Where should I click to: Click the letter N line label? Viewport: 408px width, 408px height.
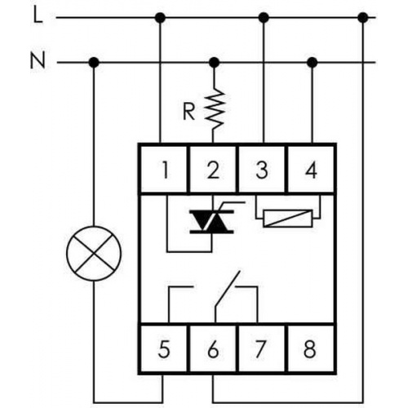(38, 61)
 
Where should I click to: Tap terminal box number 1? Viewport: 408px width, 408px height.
(164, 169)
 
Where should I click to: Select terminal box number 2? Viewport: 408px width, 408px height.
(213, 169)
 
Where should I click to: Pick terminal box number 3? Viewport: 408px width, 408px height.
(262, 169)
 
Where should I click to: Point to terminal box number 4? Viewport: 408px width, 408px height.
(311, 169)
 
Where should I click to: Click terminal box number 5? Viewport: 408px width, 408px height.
(164, 348)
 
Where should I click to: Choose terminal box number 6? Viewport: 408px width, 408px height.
(213, 348)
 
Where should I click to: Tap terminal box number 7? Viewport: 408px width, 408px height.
(262, 348)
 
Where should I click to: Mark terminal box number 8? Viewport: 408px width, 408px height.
(311, 348)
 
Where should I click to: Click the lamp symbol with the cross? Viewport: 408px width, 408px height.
(94, 253)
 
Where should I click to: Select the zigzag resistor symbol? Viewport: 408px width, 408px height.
(215, 109)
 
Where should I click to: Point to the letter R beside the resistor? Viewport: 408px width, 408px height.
(188, 112)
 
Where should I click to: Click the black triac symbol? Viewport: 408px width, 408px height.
(211, 221)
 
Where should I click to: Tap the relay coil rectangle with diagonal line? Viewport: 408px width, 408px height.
(288, 218)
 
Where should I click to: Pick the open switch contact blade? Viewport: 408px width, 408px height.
(228, 288)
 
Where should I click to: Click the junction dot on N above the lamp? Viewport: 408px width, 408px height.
(94, 63)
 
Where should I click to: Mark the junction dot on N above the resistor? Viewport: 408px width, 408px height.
(214, 63)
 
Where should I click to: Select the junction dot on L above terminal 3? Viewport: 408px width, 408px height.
(264, 18)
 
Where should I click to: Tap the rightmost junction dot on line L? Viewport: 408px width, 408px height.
(363, 18)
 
